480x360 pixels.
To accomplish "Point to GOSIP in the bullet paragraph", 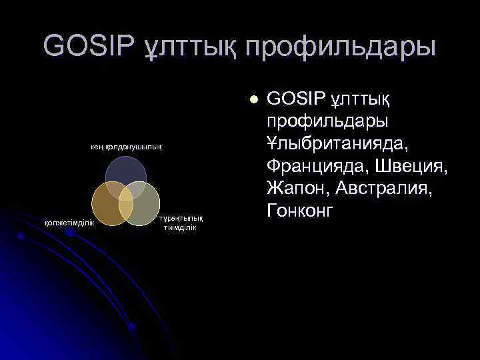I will click(295, 99).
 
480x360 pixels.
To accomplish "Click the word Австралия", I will click(383, 189).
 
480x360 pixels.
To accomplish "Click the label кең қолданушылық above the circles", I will click(126, 145).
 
